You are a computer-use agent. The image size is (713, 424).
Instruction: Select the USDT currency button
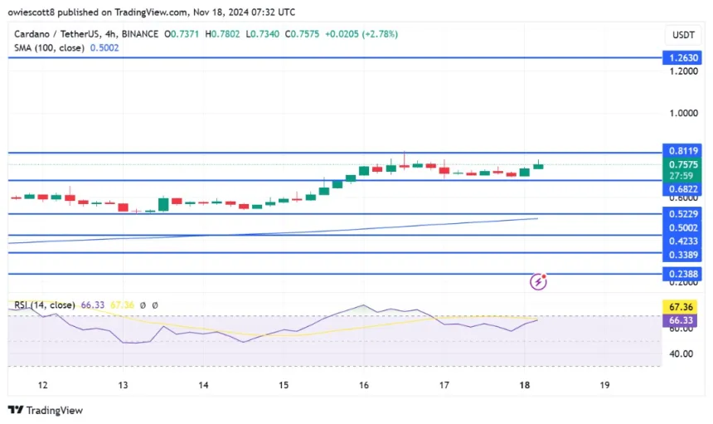tap(683, 34)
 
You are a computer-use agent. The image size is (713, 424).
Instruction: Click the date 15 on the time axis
tap(284, 385)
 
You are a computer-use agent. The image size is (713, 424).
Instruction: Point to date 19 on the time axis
tap(604, 385)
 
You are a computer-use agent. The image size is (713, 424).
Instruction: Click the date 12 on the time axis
tap(42, 385)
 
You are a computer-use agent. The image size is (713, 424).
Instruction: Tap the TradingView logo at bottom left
tap(46, 410)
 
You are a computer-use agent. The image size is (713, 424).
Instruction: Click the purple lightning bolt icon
tap(539, 282)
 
